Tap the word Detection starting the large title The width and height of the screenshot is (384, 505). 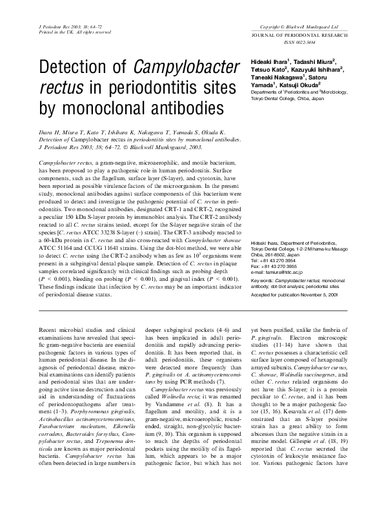pos(83,65)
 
